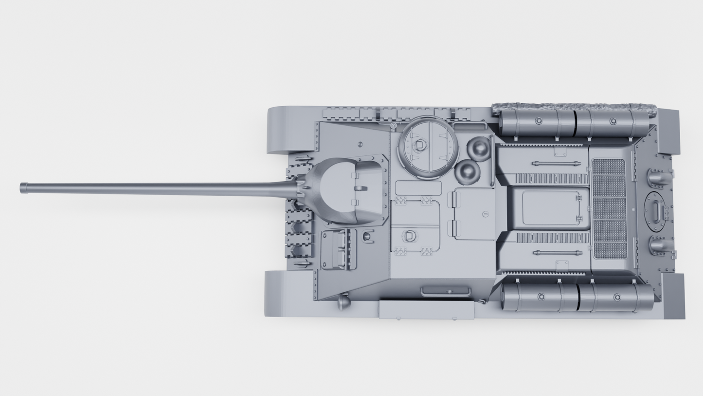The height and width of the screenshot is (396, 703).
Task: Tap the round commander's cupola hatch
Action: click(x=428, y=148)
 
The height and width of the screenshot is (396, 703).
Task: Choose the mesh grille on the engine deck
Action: click(x=609, y=208)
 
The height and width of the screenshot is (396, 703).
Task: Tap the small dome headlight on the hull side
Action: click(x=343, y=302)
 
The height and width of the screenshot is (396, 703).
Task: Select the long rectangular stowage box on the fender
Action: click(x=426, y=310)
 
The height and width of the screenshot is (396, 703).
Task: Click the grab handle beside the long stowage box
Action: click(x=445, y=291)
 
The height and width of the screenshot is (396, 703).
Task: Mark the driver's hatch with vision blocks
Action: click(x=338, y=249)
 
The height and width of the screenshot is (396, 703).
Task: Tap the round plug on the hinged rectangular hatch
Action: click(x=485, y=214)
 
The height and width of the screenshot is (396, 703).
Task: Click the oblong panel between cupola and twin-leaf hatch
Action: click(x=418, y=188)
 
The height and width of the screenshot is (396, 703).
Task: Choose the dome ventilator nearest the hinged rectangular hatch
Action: click(x=468, y=171)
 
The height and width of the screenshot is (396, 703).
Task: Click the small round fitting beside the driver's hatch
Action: click(x=367, y=236)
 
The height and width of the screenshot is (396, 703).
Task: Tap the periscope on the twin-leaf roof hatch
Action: click(x=410, y=236)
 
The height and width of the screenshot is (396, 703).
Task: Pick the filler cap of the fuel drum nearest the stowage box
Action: click(x=541, y=296)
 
